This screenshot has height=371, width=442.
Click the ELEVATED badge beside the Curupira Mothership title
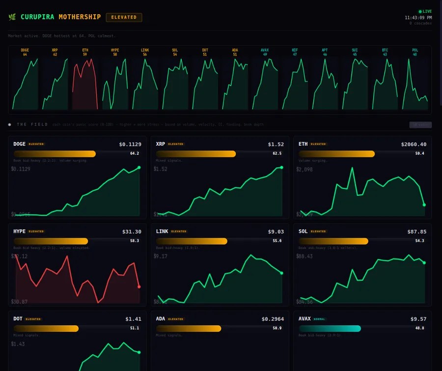click(124, 17)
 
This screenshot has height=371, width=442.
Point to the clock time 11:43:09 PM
click(418, 18)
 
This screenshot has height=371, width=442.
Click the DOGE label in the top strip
click(25, 50)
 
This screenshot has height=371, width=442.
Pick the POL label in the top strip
click(415, 50)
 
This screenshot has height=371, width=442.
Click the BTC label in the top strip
click(385, 50)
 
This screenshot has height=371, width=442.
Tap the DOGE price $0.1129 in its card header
click(130, 144)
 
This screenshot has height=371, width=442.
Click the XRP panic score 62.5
click(277, 154)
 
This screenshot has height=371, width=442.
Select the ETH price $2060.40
click(414, 144)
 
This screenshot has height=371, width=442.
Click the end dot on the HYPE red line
click(139, 286)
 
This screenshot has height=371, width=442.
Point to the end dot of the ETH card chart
click(424, 205)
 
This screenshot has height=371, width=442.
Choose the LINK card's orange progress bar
click(192, 241)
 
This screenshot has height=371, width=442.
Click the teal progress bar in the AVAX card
click(330, 328)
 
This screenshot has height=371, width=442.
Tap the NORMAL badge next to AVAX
click(319, 319)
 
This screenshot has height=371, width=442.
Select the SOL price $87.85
click(416, 232)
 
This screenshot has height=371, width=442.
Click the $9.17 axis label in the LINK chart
click(161, 256)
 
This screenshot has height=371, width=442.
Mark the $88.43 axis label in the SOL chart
click(304, 256)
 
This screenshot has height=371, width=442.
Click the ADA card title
click(161, 319)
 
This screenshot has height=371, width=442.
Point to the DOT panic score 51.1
click(134, 328)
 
